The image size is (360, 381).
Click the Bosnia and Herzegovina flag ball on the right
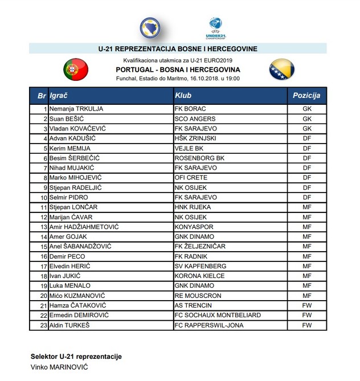tap(281, 69)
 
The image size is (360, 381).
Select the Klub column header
tap(183, 96)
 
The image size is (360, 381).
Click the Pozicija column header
tap(306, 96)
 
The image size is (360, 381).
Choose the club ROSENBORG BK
tap(199, 158)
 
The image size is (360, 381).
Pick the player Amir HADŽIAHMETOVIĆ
tap(84, 227)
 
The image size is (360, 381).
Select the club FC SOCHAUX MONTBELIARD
tap(218, 315)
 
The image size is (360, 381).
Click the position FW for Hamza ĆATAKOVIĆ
tap(306, 305)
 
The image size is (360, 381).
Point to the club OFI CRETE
tap(191, 177)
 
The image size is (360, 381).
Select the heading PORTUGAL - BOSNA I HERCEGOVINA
tap(178, 69)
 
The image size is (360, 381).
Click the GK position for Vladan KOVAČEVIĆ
tap(306, 128)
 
